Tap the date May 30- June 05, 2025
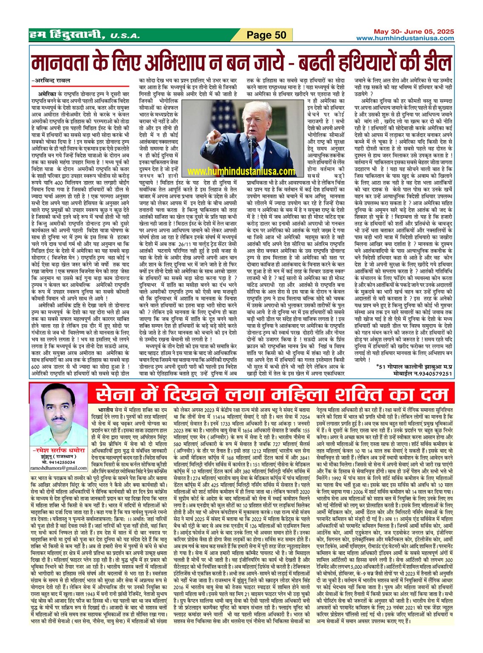coord(414,32)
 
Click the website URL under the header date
coord(405,38)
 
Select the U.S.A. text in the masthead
coord(125,36)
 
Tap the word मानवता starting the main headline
coord(63,63)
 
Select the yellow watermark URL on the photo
coord(241,171)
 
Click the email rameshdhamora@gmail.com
coord(59,468)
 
